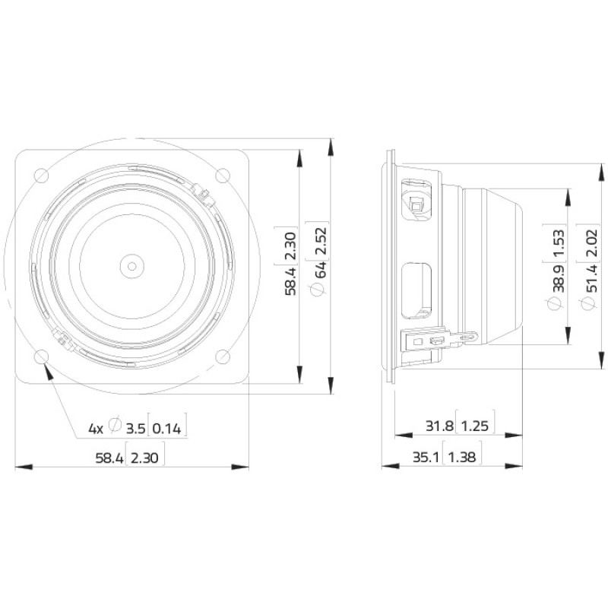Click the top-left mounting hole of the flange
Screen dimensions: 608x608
point(42,176)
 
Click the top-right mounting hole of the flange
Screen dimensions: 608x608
point(223,176)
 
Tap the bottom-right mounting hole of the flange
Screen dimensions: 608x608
point(223,356)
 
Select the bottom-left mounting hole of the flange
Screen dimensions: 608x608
point(42,356)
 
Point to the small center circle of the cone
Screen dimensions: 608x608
point(131,267)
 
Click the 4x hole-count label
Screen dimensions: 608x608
point(97,429)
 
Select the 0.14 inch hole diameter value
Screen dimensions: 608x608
point(166,429)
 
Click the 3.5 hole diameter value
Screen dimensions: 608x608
point(136,429)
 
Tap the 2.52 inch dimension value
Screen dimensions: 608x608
point(321,241)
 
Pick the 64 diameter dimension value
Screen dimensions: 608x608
point(321,270)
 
